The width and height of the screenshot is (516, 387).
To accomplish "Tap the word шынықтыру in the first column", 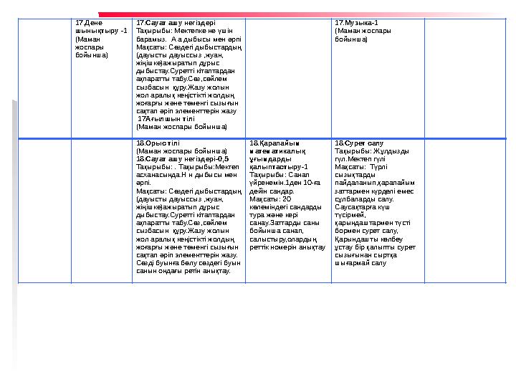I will point(92,32).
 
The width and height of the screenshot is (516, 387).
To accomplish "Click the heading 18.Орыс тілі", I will point(155,143).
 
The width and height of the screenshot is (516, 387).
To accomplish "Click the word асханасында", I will point(157,174).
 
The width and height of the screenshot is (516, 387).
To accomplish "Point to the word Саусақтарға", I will point(355,206).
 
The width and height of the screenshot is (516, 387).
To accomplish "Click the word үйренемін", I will point(266,182).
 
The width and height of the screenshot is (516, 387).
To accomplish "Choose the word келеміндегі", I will point(269,206).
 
